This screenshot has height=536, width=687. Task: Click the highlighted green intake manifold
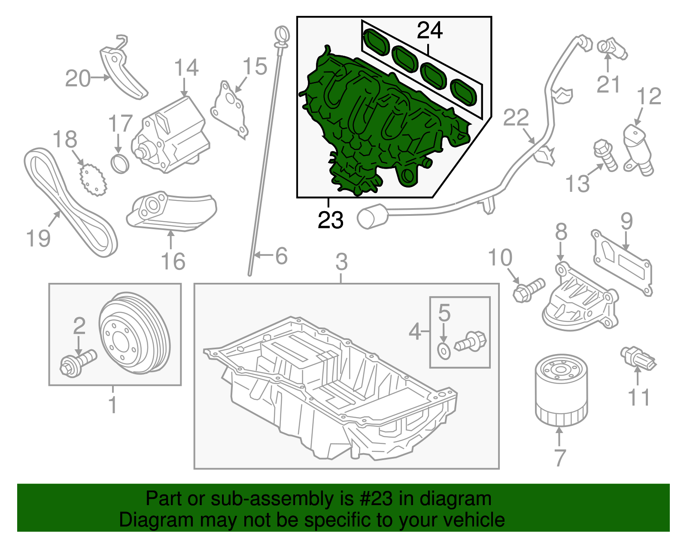tap(378, 124)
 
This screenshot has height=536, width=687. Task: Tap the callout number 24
tap(429, 30)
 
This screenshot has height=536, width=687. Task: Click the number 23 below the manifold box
tap(331, 220)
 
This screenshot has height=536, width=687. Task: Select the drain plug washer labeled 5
tap(444, 351)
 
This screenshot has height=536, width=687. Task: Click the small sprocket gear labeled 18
tap(93, 180)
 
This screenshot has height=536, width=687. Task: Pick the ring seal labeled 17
tap(120, 164)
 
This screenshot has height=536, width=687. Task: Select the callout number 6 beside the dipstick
tap(281, 256)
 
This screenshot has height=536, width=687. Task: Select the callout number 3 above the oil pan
tap(341, 261)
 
